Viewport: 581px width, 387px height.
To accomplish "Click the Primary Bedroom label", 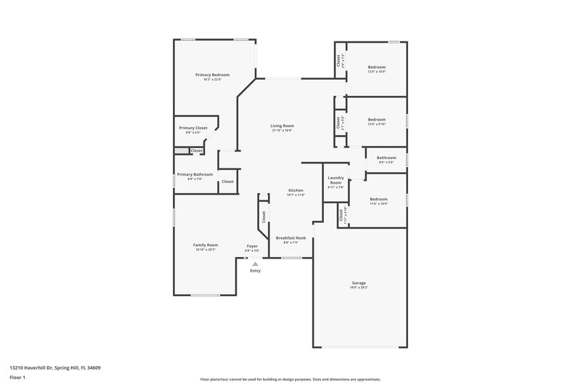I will pos(212,75).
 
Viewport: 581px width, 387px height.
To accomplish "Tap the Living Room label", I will pos(283,126).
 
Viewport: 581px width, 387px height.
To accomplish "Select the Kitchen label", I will pos(296,190).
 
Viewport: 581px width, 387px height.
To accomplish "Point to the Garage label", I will pos(359,282).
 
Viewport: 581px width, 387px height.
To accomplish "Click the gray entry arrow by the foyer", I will pos(255,264).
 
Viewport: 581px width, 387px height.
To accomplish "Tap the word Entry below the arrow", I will pos(255,271).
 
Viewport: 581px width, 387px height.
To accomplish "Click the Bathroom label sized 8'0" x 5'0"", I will pos(386,158).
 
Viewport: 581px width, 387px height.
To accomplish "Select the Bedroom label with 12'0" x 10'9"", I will pos(376,67).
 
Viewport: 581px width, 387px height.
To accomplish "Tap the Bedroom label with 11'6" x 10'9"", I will pos(378,199).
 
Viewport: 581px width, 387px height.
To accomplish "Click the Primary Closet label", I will pos(193,128).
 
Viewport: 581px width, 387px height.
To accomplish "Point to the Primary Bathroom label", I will pos(195,174).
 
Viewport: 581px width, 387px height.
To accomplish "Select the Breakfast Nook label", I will pos(290,237).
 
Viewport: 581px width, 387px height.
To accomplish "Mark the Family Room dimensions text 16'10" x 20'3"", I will pos(206,250).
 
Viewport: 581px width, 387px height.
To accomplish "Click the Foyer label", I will pos(252,246).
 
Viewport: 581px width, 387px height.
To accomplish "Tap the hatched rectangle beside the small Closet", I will pos(181,150).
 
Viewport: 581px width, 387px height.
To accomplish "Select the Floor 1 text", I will pos(18,378).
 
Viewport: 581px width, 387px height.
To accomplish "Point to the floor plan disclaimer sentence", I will pos(290,379).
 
